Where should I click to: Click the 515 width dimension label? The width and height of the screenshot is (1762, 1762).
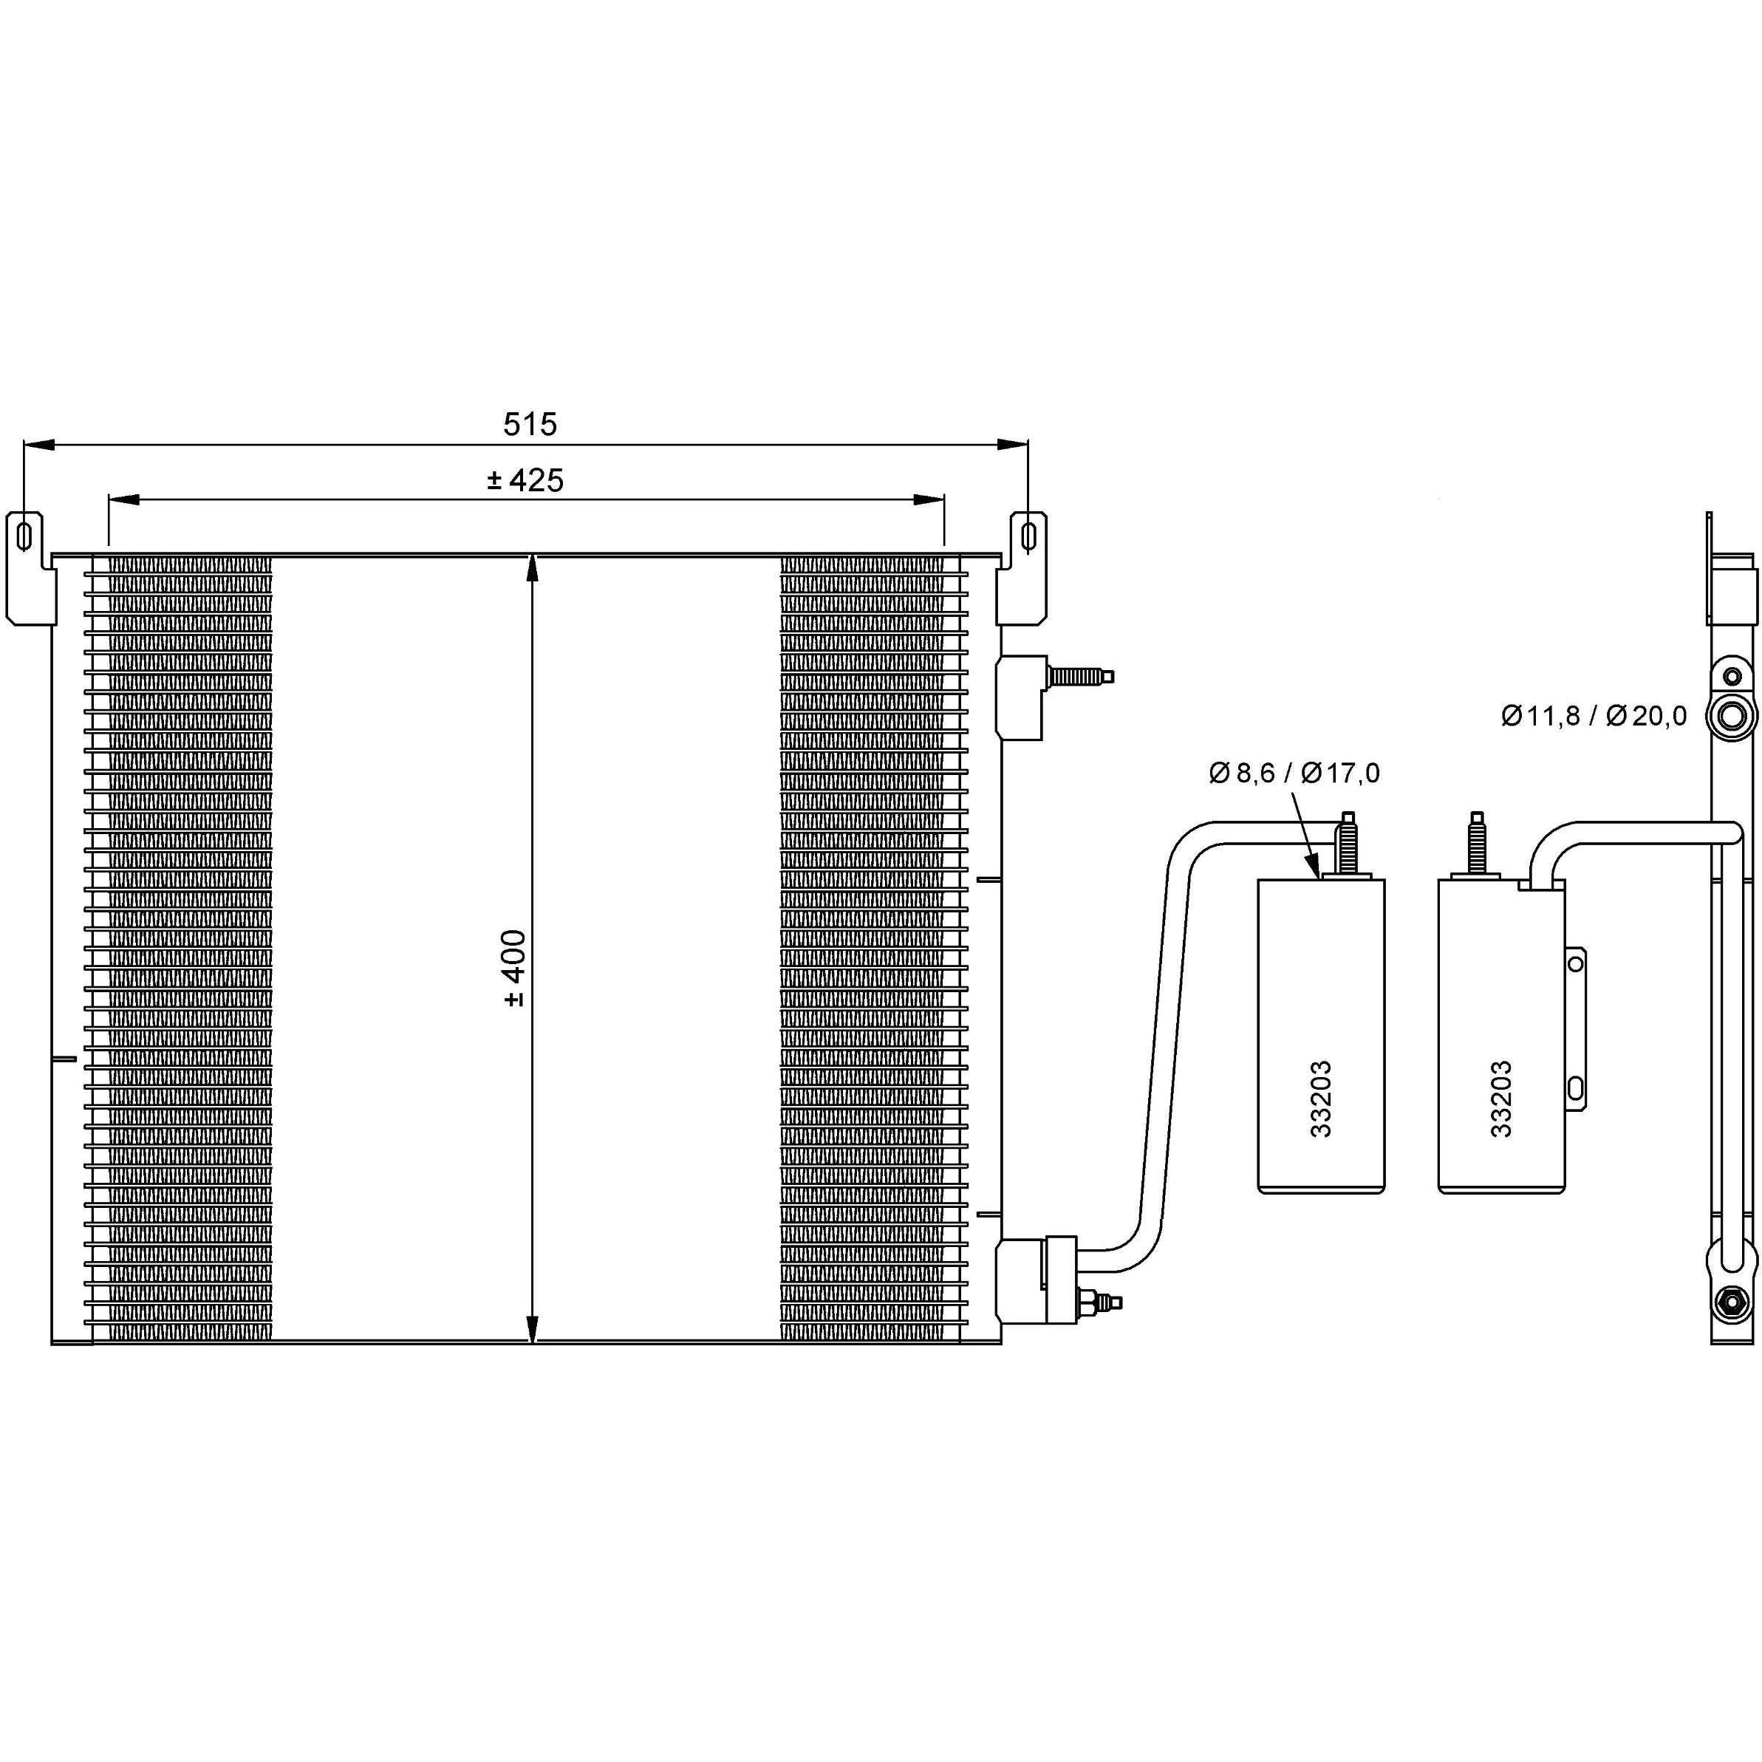530,424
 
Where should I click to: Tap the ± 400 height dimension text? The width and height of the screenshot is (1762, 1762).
514,968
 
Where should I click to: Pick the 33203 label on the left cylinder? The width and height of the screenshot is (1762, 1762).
1321,1099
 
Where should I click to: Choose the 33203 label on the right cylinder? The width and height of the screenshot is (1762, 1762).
1501,1099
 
